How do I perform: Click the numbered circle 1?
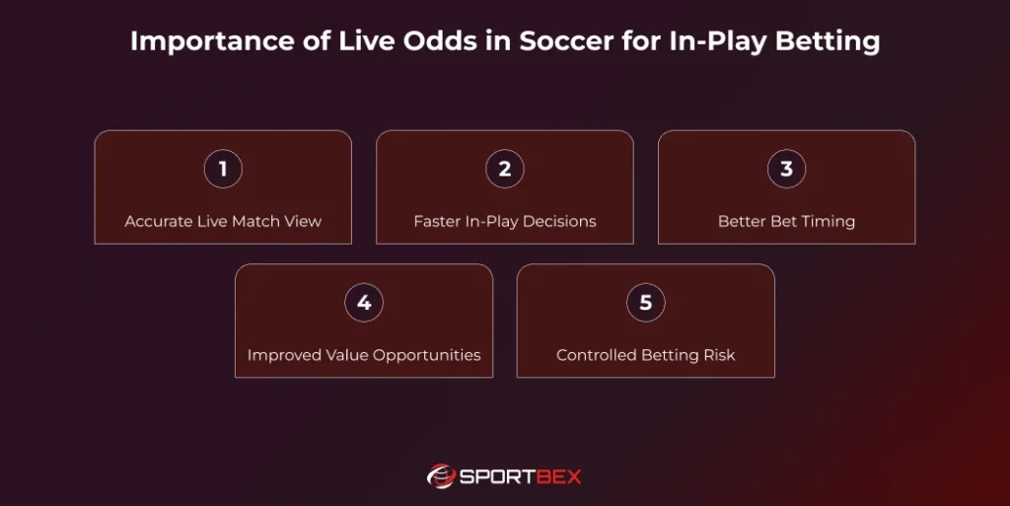(x=223, y=169)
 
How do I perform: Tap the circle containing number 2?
(x=505, y=169)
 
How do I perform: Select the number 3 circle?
(x=786, y=169)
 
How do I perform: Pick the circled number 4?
(x=364, y=303)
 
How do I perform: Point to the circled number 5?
(x=646, y=303)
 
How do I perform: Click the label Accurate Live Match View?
(x=223, y=221)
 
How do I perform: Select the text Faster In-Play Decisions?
(x=505, y=221)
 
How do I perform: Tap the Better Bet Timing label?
(x=786, y=221)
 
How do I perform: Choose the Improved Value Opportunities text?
(x=364, y=355)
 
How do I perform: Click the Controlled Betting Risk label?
(x=646, y=355)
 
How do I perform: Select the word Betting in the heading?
(x=828, y=42)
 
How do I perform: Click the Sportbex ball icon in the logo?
(x=440, y=476)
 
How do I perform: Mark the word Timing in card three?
(x=828, y=221)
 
